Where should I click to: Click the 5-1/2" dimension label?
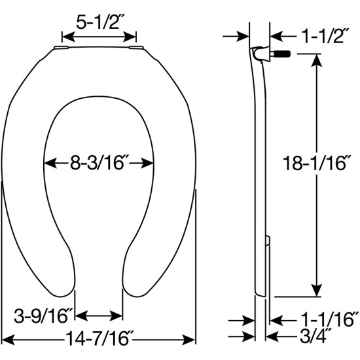98,22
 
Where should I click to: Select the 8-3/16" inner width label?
98,162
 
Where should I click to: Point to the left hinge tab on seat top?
60,47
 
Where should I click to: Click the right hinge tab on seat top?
137,47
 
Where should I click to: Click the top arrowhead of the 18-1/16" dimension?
317,58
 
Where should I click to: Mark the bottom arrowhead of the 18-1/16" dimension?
317,293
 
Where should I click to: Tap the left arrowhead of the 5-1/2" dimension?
63,37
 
